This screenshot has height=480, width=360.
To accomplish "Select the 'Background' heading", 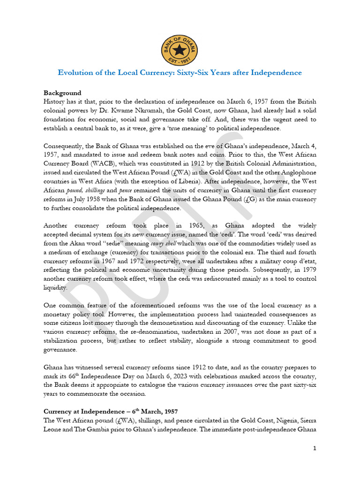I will tap(62, 93).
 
